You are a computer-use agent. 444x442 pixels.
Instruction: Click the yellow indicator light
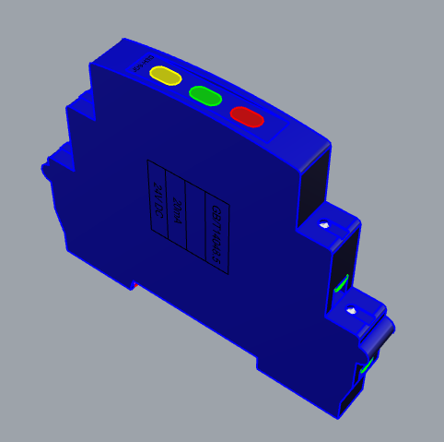point(166,75)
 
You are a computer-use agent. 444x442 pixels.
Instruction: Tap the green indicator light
point(205,95)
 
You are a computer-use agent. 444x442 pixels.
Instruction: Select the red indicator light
point(247,116)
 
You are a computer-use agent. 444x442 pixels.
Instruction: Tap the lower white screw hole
point(350,312)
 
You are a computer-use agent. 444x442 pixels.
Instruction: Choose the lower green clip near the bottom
point(367,367)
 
